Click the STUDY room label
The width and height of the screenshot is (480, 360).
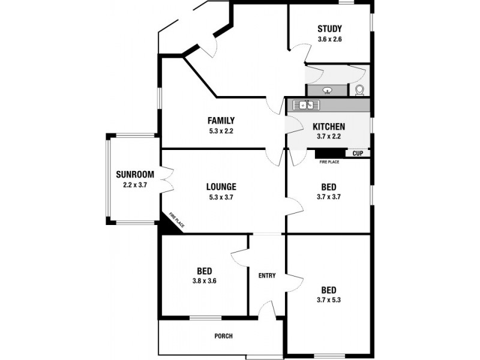pyautogui.click(x=329, y=28)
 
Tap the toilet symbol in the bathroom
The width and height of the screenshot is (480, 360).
pyautogui.click(x=359, y=90)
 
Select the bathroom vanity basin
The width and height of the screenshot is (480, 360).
pyautogui.click(x=327, y=91)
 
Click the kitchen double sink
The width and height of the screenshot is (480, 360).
pyautogui.click(x=306, y=106)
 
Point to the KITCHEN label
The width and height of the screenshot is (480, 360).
pyautogui.click(x=329, y=127)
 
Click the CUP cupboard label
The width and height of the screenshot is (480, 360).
pyautogui.click(x=358, y=154)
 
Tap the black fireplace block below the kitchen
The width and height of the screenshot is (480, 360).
pyautogui.click(x=328, y=154)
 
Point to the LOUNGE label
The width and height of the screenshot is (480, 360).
pyautogui.click(x=221, y=187)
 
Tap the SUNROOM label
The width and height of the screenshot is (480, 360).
pyautogui.click(x=135, y=175)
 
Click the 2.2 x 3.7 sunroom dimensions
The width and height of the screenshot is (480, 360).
pyautogui.click(x=135, y=185)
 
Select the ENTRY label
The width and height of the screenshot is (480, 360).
pyautogui.click(x=267, y=276)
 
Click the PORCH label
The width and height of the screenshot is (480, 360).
pyautogui.click(x=223, y=336)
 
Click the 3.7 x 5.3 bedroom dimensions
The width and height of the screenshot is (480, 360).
pyautogui.click(x=328, y=300)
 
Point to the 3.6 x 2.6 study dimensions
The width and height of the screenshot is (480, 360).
pyautogui.click(x=329, y=40)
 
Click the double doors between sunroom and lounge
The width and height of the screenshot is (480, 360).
pyautogui.click(x=167, y=181)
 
